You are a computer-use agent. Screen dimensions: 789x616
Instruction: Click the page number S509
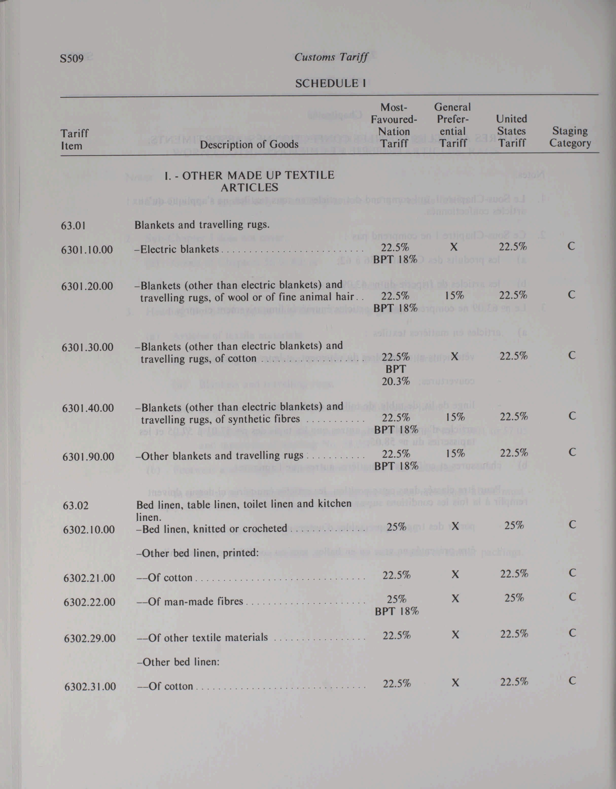click(72, 58)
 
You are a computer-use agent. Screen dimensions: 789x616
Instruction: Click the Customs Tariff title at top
click(331, 57)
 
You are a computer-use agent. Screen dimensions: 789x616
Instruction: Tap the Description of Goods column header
click(249, 145)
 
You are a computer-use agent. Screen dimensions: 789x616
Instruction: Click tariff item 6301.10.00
click(87, 250)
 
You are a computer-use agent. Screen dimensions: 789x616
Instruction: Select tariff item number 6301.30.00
click(88, 347)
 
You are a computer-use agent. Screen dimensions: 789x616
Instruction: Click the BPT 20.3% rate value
click(396, 375)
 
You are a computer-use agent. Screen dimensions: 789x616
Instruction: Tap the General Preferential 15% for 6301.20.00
click(454, 295)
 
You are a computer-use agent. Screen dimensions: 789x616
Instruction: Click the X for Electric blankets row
click(454, 247)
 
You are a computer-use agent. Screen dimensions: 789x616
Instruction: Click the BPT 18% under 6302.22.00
click(397, 611)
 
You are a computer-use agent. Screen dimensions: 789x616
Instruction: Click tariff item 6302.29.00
click(90, 638)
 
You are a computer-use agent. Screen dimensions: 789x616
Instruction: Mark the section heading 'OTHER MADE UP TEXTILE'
click(249, 176)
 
